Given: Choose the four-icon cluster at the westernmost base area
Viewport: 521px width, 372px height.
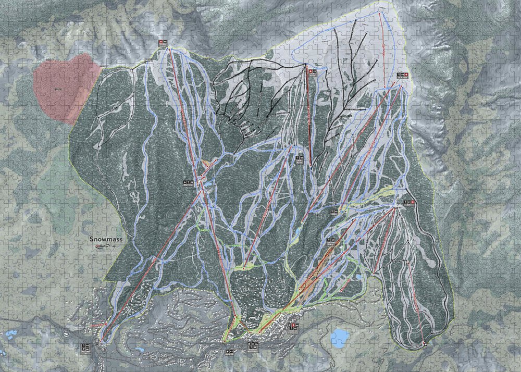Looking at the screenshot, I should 86,346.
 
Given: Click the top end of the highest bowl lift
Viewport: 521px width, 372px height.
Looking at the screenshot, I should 380,11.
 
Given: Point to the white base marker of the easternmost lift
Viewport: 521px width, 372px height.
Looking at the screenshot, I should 425,343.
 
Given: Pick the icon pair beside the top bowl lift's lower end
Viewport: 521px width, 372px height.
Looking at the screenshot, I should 401,76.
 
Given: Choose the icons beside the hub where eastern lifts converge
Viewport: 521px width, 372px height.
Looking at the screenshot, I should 409,201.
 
